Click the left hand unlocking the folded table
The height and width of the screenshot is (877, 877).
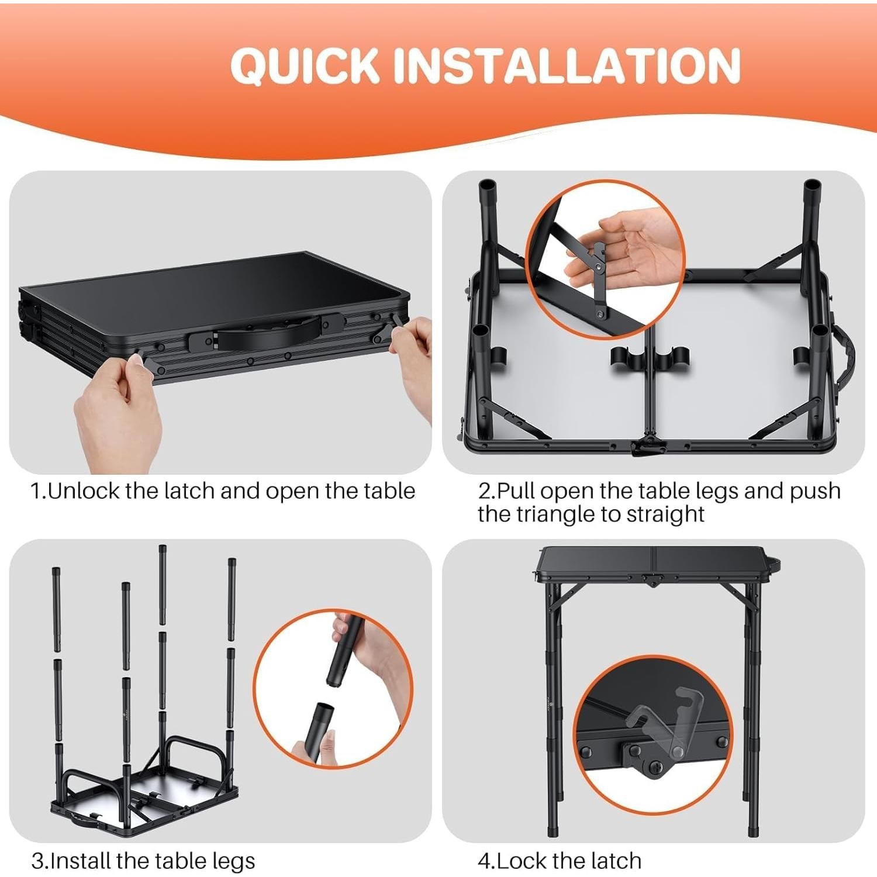(x=117, y=409)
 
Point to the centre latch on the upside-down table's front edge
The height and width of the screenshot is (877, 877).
(x=646, y=447)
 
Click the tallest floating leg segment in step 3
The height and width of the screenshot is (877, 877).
(x=162, y=585)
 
